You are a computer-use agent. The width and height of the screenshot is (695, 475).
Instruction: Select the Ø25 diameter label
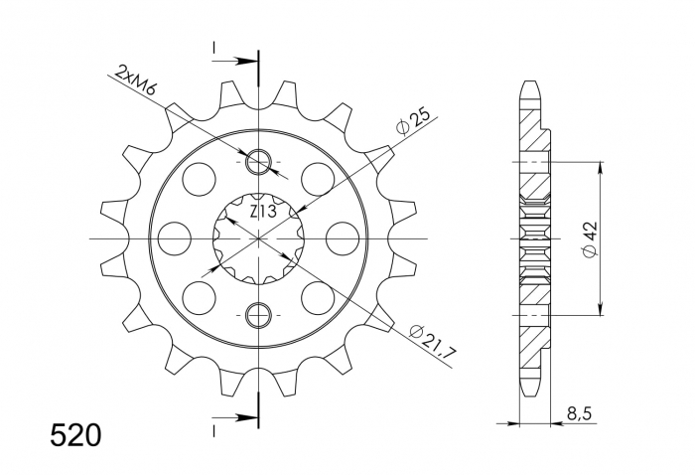point(412,121)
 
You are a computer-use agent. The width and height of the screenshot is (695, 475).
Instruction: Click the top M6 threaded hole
point(259,162)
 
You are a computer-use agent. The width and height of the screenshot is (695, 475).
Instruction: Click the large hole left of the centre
point(174,238)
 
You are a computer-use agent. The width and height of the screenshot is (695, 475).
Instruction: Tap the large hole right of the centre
point(344,238)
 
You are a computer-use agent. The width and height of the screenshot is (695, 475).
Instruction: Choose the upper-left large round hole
point(199,179)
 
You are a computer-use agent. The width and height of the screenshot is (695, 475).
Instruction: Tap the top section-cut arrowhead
point(248,61)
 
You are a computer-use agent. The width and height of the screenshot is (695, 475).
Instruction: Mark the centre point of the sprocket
point(259,238)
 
